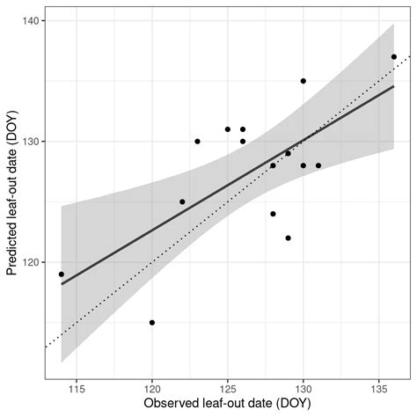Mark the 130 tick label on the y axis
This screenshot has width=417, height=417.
coord(30,141)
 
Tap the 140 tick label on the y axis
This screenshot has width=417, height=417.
coord(30,20)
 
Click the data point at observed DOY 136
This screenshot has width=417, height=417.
coord(394,56)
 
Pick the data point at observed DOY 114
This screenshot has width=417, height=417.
coord(62,274)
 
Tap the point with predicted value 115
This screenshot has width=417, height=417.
coord(152,322)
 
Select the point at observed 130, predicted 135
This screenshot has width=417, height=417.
coord(304,81)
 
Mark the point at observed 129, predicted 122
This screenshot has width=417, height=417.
coord(288,238)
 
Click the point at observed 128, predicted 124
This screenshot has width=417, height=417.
coord(273,214)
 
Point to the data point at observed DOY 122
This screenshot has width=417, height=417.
coord(182,201)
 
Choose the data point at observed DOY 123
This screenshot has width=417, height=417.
coord(197,141)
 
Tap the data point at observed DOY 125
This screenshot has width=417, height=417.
coord(228,129)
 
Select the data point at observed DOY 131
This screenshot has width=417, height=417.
coord(318,165)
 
